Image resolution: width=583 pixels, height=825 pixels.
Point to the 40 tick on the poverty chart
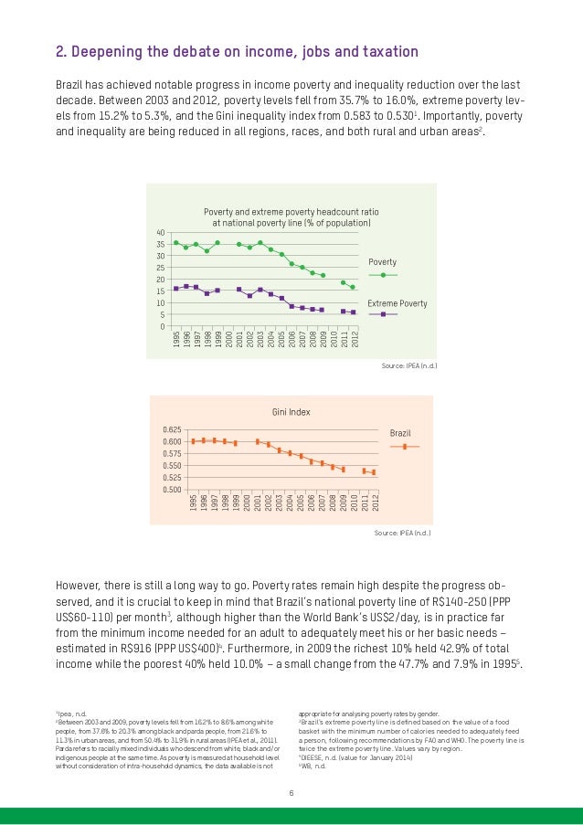[160, 233]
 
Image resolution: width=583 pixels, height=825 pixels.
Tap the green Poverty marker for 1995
[175, 242]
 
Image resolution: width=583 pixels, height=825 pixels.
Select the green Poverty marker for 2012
[353, 287]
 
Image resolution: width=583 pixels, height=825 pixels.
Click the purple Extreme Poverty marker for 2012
[353, 312]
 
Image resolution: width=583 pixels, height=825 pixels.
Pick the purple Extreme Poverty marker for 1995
[175, 289]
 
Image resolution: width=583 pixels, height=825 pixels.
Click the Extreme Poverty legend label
[397, 301]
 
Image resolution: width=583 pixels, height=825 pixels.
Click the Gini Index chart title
[291, 412]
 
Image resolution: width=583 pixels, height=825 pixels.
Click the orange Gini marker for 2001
[258, 441]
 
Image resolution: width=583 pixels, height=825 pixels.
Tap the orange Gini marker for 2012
[374, 472]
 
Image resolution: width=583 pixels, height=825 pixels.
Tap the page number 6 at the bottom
[291, 791]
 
